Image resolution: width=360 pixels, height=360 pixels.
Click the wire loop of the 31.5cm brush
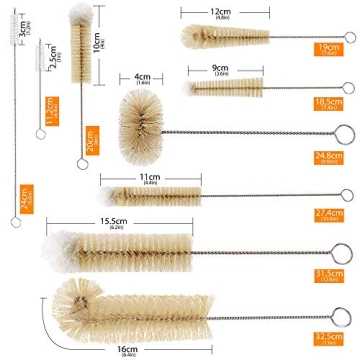tap(341, 251)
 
